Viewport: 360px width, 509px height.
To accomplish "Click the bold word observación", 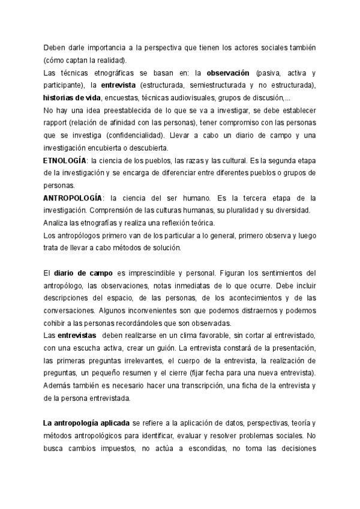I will [228, 73].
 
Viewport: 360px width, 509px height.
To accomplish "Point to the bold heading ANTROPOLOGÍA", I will [72, 198].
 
